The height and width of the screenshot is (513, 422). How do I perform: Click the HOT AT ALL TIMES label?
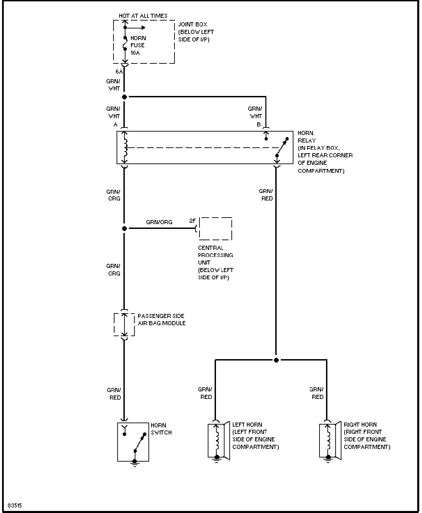click(143, 16)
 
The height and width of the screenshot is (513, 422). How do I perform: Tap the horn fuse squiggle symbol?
click(125, 44)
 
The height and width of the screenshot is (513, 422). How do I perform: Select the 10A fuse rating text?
click(135, 53)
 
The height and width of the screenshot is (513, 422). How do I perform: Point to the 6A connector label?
click(119, 72)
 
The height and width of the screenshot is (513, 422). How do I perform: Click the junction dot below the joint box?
click(124, 97)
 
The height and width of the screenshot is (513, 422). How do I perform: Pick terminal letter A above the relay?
click(116, 124)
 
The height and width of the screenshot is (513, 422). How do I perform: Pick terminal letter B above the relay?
click(259, 124)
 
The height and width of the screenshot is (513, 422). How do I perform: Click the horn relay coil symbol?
click(125, 147)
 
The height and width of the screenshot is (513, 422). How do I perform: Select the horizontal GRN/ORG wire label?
click(159, 222)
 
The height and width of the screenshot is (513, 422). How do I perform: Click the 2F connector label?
click(193, 221)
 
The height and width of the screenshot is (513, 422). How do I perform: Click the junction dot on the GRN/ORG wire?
click(124, 229)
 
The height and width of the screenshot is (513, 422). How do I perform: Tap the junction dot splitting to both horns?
click(276, 360)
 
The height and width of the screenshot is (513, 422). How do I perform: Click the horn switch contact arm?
click(140, 442)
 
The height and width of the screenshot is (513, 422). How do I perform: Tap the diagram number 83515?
click(15, 505)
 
